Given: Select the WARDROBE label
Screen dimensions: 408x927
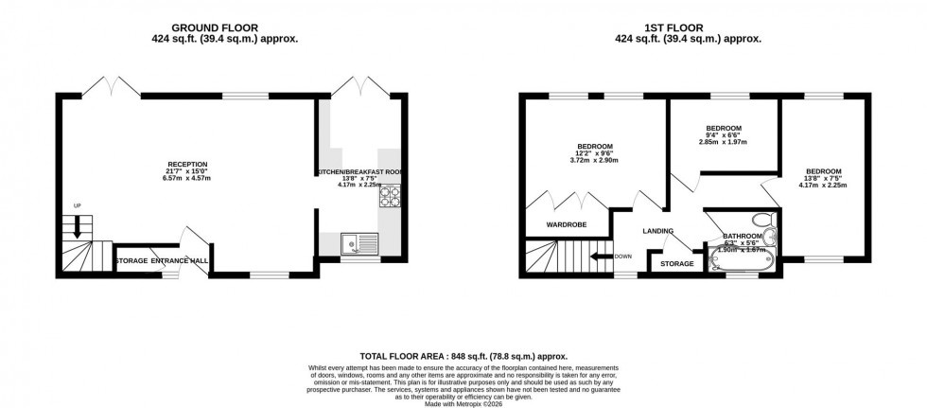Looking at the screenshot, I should click(566, 225).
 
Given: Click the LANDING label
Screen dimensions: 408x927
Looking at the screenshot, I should click(658, 231).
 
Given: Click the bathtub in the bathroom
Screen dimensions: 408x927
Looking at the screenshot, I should click(743, 260).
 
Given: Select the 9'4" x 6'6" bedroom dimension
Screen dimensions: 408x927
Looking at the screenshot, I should click(723, 135).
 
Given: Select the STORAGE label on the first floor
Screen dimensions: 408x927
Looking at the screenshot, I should click(676, 263).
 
